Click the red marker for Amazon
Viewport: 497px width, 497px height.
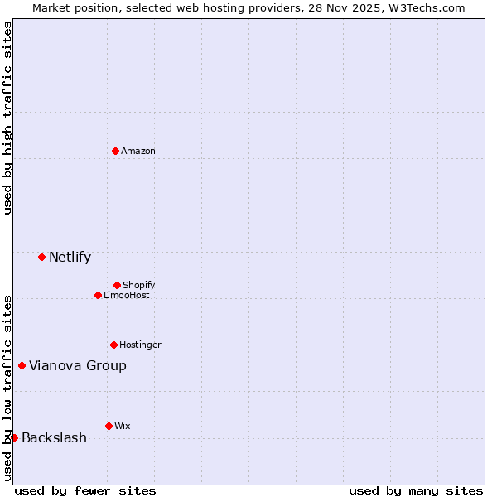pyautogui.click(x=115, y=151)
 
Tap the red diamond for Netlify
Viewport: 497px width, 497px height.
pyautogui.click(x=41, y=257)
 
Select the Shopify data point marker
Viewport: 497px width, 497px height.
pyautogui.click(x=117, y=285)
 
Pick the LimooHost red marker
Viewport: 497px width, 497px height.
pyautogui.click(x=98, y=295)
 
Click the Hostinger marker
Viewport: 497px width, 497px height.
pyautogui.click(x=113, y=345)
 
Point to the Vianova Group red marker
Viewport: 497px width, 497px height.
pyautogui.click(x=22, y=365)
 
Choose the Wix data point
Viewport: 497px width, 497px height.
pyautogui.click(x=109, y=426)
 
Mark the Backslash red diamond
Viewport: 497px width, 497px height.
pyautogui.click(x=14, y=437)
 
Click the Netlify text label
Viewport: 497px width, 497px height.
pyautogui.click(x=70, y=257)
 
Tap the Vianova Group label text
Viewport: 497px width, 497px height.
pyautogui.click(x=78, y=365)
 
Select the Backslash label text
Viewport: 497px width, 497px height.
pyautogui.click(x=54, y=437)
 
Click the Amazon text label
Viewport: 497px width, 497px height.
pyautogui.click(x=138, y=151)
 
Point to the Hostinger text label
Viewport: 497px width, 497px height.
pyautogui.click(x=140, y=345)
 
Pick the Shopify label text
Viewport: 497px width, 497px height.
pyautogui.click(x=138, y=285)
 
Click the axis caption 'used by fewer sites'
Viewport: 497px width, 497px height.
pyautogui.click(x=85, y=490)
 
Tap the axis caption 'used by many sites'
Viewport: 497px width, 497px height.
pyautogui.click(x=416, y=490)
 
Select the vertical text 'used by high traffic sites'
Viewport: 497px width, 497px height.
pyautogui.click(x=7, y=118)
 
